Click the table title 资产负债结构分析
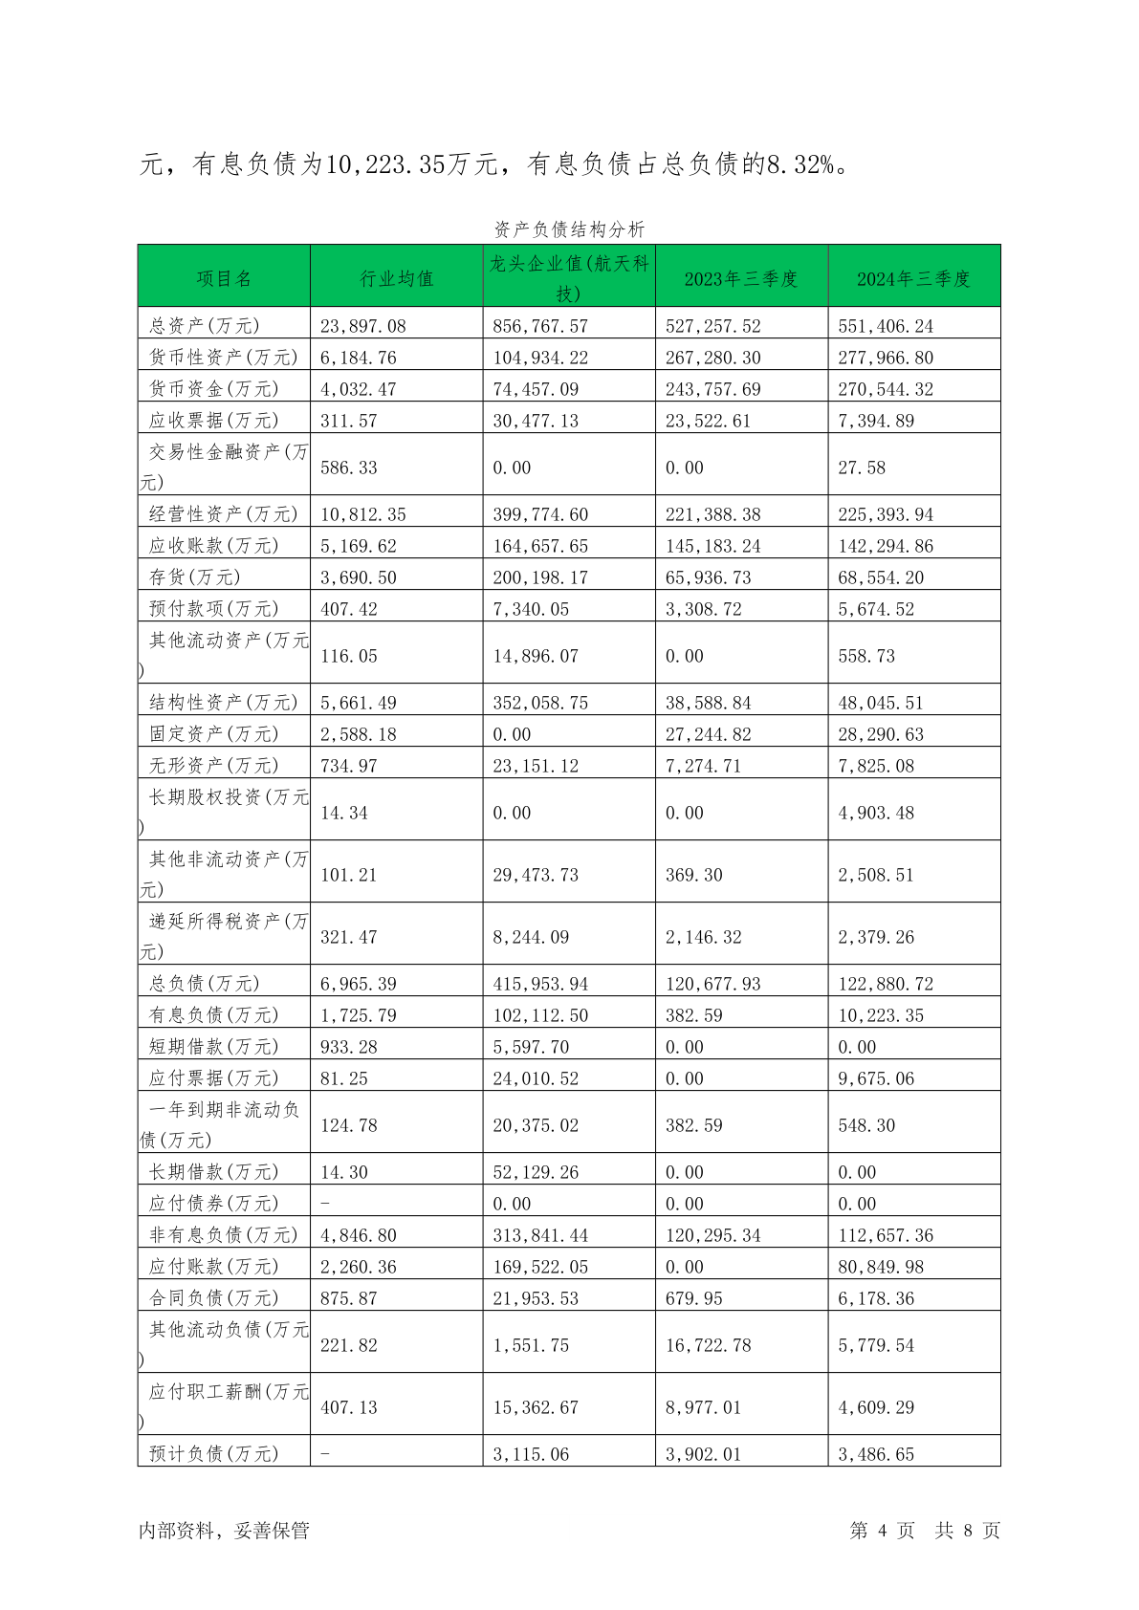pyautogui.click(x=569, y=229)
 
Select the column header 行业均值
pyautogui.click(x=397, y=278)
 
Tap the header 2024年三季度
pyautogui.click(x=913, y=278)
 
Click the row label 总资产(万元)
pyautogui.click(x=205, y=326)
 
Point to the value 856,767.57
pyautogui.click(x=540, y=326)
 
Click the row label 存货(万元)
pyautogui.click(x=195, y=577)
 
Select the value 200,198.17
pyautogui.click(x=540, y=577)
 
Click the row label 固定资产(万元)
pyautogui.click(x=214, y=734)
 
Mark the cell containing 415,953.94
pyautogui.click(x=540, y=984)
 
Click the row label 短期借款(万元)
pyautogui.click(x=214, y=1047)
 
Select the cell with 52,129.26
pyautogui.click(x=536, y=1172)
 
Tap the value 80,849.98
pyautogui.click(x=881, y=1267)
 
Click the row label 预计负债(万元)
pyautogui.click(x=214, y=1454)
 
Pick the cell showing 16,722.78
pyautogui.click(x=709, y=1345)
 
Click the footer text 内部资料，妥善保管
pyautogui.click(x=225, y=1531)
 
